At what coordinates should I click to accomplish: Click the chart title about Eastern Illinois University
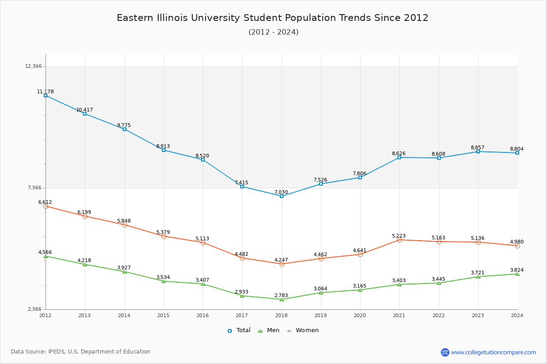tap(273, 18)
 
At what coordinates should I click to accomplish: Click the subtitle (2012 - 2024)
tap(273, 32)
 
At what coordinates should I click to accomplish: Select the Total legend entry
tap(239, 330)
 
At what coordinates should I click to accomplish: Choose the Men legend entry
tap(269, 330)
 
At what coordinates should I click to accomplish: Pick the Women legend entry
tap(303, 330)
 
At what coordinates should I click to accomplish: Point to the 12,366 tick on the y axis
tap(33, 66)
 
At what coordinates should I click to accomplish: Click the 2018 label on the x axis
tap(281, 315)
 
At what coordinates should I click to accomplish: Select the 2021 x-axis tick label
tap(399, 315)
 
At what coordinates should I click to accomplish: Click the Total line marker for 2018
tap(282, 196)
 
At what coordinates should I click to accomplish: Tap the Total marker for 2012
tap(46, 96)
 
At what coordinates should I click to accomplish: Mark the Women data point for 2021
tap(399, 240)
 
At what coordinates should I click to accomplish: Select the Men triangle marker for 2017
tap(242, 296)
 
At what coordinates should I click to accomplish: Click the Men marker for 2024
tap(517, 274)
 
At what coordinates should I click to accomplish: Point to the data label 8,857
tap(478, 147)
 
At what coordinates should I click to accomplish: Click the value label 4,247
tap(281, 260)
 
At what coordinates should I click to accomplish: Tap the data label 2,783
tap(281, 295)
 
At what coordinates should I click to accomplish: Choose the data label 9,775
tap(124, 125)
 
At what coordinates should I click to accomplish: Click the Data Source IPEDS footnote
tap(81, 352)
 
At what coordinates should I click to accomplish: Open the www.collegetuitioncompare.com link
tap(493, 352)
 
